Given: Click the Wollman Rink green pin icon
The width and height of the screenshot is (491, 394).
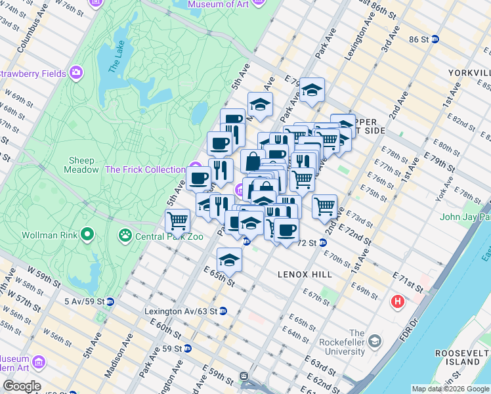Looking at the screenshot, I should [x=87, y=234].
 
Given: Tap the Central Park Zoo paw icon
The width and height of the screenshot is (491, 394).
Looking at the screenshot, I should [x=125, y=234].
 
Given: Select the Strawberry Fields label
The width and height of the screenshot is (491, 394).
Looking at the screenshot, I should [x=33, y=74].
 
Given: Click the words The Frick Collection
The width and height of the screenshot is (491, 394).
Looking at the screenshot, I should [x=145, y=169].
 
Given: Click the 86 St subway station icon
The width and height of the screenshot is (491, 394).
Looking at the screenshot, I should [x=434, y=39].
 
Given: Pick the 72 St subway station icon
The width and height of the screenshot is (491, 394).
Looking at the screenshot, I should [x=322, y=242].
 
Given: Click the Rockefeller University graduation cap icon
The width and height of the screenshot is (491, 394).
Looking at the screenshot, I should [x=374, y=341].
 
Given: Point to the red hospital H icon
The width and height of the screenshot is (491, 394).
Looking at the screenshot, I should [x=397, y=302].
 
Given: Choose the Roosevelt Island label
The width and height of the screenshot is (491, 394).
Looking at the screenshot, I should [x=461, y=357].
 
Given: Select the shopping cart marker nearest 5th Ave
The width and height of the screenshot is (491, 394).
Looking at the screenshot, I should [x=177, y=221].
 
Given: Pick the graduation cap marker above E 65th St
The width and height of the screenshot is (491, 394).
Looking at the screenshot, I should [x=229, y=259].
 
